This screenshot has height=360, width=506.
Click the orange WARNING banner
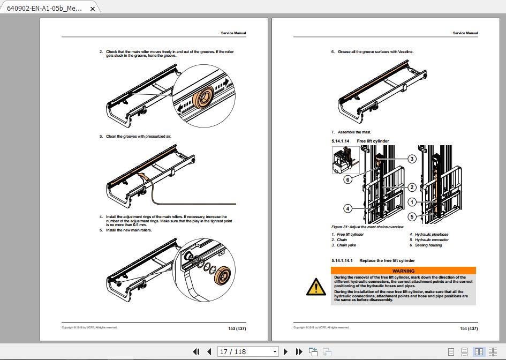403,271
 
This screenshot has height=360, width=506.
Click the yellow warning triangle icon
316,288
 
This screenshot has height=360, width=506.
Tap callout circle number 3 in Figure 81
411,159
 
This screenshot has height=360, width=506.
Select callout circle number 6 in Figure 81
348,179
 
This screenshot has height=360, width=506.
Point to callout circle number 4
348,208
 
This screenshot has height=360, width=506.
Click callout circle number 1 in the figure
411,202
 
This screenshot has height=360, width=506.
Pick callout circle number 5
411,216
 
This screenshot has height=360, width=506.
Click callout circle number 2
411,187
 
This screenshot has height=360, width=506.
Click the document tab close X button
93,9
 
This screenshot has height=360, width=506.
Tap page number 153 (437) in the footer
237,328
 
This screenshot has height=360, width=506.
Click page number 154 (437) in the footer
469,328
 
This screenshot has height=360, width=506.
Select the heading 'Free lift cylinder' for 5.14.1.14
373,141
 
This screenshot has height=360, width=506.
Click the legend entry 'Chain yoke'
346,245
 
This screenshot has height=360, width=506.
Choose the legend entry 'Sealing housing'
428,245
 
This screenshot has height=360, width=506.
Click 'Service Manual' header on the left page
233,33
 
